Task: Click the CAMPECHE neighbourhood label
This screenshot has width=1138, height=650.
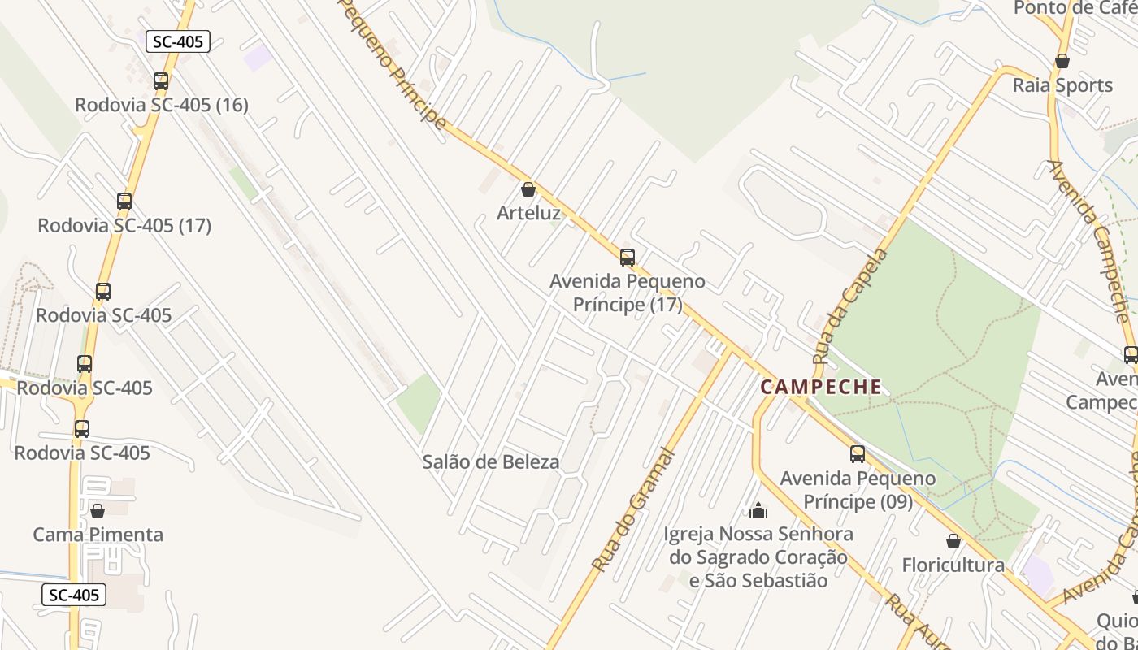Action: click(x=821, y=387)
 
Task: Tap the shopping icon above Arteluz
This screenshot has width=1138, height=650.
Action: click(x=528, y=189)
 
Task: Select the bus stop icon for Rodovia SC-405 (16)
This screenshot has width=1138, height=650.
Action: click(x=161, y=80)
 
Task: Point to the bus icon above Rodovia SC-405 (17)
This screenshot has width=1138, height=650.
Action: click(x=124, y=201)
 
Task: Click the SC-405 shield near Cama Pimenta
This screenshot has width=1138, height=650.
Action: click(x=73, y=595)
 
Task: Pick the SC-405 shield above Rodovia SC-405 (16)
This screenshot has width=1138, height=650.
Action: click(x=177, y=41)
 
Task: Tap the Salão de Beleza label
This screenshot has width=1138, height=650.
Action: click(x=491, y=462)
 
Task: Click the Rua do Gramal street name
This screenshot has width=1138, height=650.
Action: click(x=633, y=509)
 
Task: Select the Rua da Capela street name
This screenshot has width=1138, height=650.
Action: click(x=850, y=305)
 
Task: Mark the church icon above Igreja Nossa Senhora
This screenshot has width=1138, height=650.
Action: click(x=758, y=509)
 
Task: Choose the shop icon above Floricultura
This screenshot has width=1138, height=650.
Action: click(x=953, y=540)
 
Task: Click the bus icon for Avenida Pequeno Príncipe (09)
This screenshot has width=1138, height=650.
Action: click(x=858, y=453)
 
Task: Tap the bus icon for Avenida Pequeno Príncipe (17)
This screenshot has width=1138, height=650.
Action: click(x=627, y=257)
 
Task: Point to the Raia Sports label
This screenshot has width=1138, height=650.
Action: click(x=1062, y=85)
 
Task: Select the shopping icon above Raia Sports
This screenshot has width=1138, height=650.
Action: click(x=1062, y=61)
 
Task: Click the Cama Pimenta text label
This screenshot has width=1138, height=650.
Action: click(x=98, y=535)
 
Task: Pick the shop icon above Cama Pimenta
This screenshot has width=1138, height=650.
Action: click(x=98, y=510)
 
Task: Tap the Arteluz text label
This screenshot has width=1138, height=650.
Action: click(x=528, y=214)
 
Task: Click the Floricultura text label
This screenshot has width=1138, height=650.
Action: click(x=953, y=565)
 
